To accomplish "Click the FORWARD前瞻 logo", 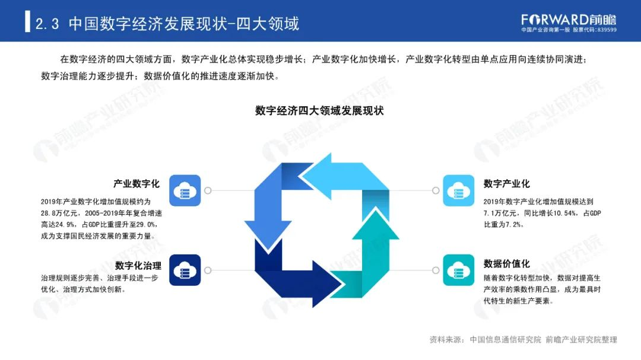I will pyautogui.click(x=569, y=18).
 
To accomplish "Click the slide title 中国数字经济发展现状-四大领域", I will pyautogui.click(x=184, y=24).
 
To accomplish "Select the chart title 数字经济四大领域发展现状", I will pyautogui.click(x=320, y=110).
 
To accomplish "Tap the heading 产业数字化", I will pyautogui.click(x=137, y=184).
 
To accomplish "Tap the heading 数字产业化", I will pyautogui.click(x=506, y=184).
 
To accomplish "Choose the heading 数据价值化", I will pyautogui.click(x=506, y=263).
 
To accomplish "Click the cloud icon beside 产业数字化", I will pyautogui.click(x=185, y=190).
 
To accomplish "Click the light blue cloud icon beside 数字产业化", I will pyautogui.click(x=458, y=190).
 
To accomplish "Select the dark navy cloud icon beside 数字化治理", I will pyautogui.click(x=185, y=270).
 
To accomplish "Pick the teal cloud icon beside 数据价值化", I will pyautogui.click(x=458, y=270).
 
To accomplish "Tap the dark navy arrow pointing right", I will pyautogui.click(x=297, y=273).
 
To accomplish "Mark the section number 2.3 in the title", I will pyautogui.click(x=47, y=24).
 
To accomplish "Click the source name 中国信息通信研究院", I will pyautogui.click(x=506, y=340).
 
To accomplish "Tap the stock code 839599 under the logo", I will pyautogui.click(x=605, y=30).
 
